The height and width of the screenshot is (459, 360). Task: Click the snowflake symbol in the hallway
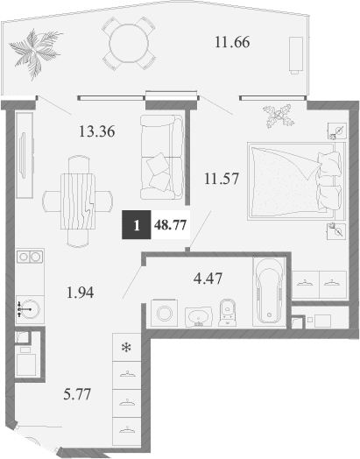coord(126,348)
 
